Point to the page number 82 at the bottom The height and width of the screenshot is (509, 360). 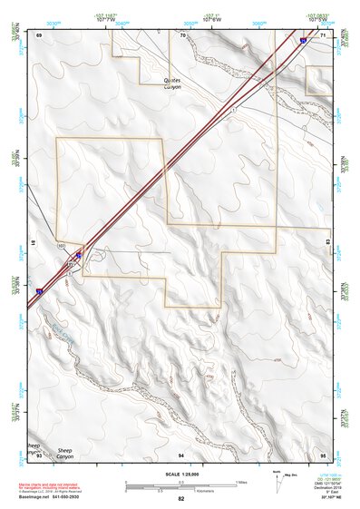180,499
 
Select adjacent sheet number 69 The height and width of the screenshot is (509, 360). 40,34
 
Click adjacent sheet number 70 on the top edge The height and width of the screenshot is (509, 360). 182,34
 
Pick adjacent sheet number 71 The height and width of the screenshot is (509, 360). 323,34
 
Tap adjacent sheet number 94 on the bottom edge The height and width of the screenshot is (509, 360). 181,454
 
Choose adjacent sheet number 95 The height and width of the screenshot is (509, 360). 323,454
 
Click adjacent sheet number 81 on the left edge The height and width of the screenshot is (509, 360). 33,243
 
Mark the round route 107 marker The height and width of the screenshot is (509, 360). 61,246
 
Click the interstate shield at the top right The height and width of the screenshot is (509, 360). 302,40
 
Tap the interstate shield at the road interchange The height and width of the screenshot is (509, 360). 79,257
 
